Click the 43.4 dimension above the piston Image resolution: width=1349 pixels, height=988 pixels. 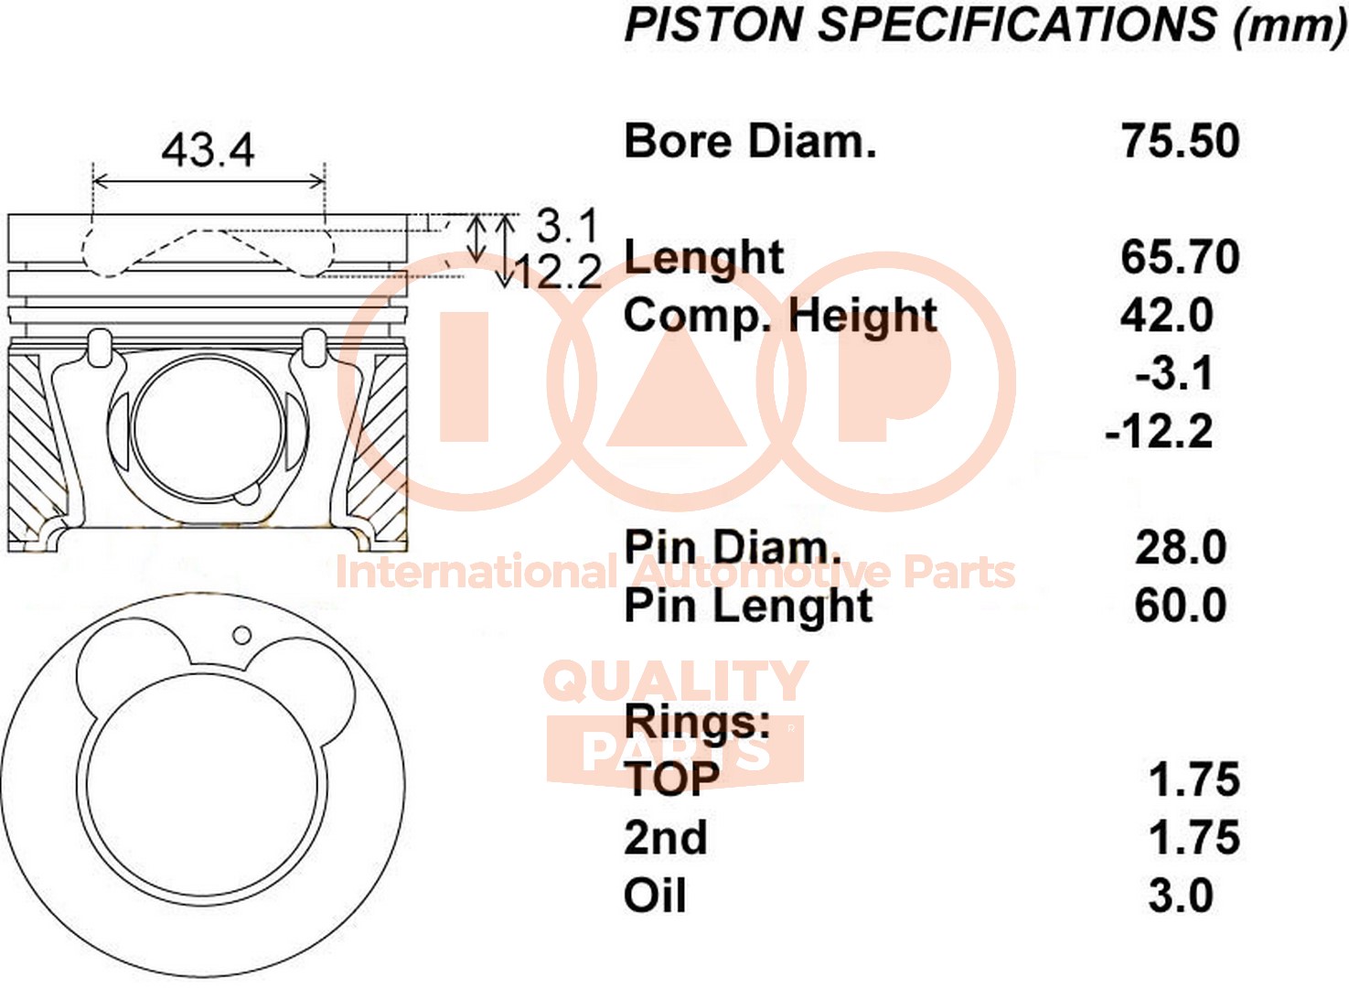click(x=208, y=150)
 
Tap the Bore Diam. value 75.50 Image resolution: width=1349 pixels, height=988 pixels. click(x=1180, y=141)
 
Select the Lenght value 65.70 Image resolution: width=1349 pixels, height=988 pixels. click(x=1180, y=257)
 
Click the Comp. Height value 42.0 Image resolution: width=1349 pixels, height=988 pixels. click(x=1166, y=315)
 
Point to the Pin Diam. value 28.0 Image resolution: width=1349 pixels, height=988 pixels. click(x=1181, y=548)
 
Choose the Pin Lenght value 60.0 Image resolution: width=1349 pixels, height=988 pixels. click(x=1181, y=606)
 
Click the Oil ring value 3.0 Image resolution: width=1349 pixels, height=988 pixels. click(x=1181, y=896)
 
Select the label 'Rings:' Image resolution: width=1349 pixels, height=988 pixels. click(x=698, y=722)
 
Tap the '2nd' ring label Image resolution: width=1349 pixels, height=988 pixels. click(x=666, y=838)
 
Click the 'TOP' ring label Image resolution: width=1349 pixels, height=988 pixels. click(x=672, y=780)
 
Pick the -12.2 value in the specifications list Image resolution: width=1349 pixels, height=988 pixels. click(x=1159, y=432)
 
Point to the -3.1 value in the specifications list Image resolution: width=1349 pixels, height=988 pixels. click(x=1173, y=373)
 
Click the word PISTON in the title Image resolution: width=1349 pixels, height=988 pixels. click(x=713, y=25)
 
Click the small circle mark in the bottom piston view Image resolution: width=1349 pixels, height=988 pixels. click(x=242, y=635)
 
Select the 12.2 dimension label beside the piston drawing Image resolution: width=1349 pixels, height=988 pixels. click(x=558, y=272)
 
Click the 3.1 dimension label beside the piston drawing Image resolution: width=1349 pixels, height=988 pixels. click(x=567, y=226)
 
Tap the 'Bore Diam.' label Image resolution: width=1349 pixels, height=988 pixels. click(x=750, y=141)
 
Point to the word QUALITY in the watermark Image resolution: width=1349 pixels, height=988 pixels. click(x=675, y=682)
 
